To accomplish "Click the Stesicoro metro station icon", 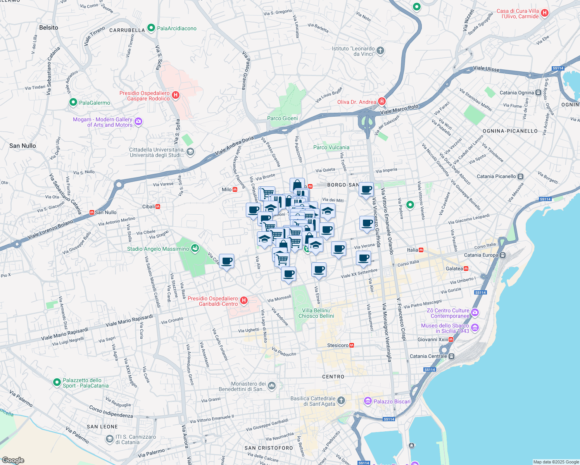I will click(x=352, y=345).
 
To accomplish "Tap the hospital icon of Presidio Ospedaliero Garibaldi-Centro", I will click(x=244, y=301).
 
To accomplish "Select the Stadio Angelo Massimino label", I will click(x=158, y=249).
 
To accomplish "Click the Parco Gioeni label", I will click(x=282, y=118).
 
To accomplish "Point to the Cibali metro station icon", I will click(x=158, y=207).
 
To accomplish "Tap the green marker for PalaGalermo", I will click(x=73, y=102).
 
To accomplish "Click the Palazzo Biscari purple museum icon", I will click(x=368, y=401).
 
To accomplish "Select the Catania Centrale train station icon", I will click(x=451, y=356).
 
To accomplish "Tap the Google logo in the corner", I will click(x=13, y=460).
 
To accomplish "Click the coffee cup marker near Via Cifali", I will click(x=226, y=262).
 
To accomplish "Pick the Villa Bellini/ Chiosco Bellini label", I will click(x=316, y=313).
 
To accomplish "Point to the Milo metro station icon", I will click(x=235, y=189).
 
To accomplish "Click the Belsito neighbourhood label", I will click(x=48, y=28).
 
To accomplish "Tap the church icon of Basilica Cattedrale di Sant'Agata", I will click(x=341, y=401).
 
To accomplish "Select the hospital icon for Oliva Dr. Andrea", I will click(x=382, y=102).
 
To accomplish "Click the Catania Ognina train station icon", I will click(x=538, y=93).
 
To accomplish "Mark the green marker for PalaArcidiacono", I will click(x=151, y=28).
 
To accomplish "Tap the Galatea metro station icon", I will click(x=466, y=269).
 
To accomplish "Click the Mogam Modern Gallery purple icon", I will click(x=138, y=122).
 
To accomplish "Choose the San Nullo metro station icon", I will click(x=92, y=212).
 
